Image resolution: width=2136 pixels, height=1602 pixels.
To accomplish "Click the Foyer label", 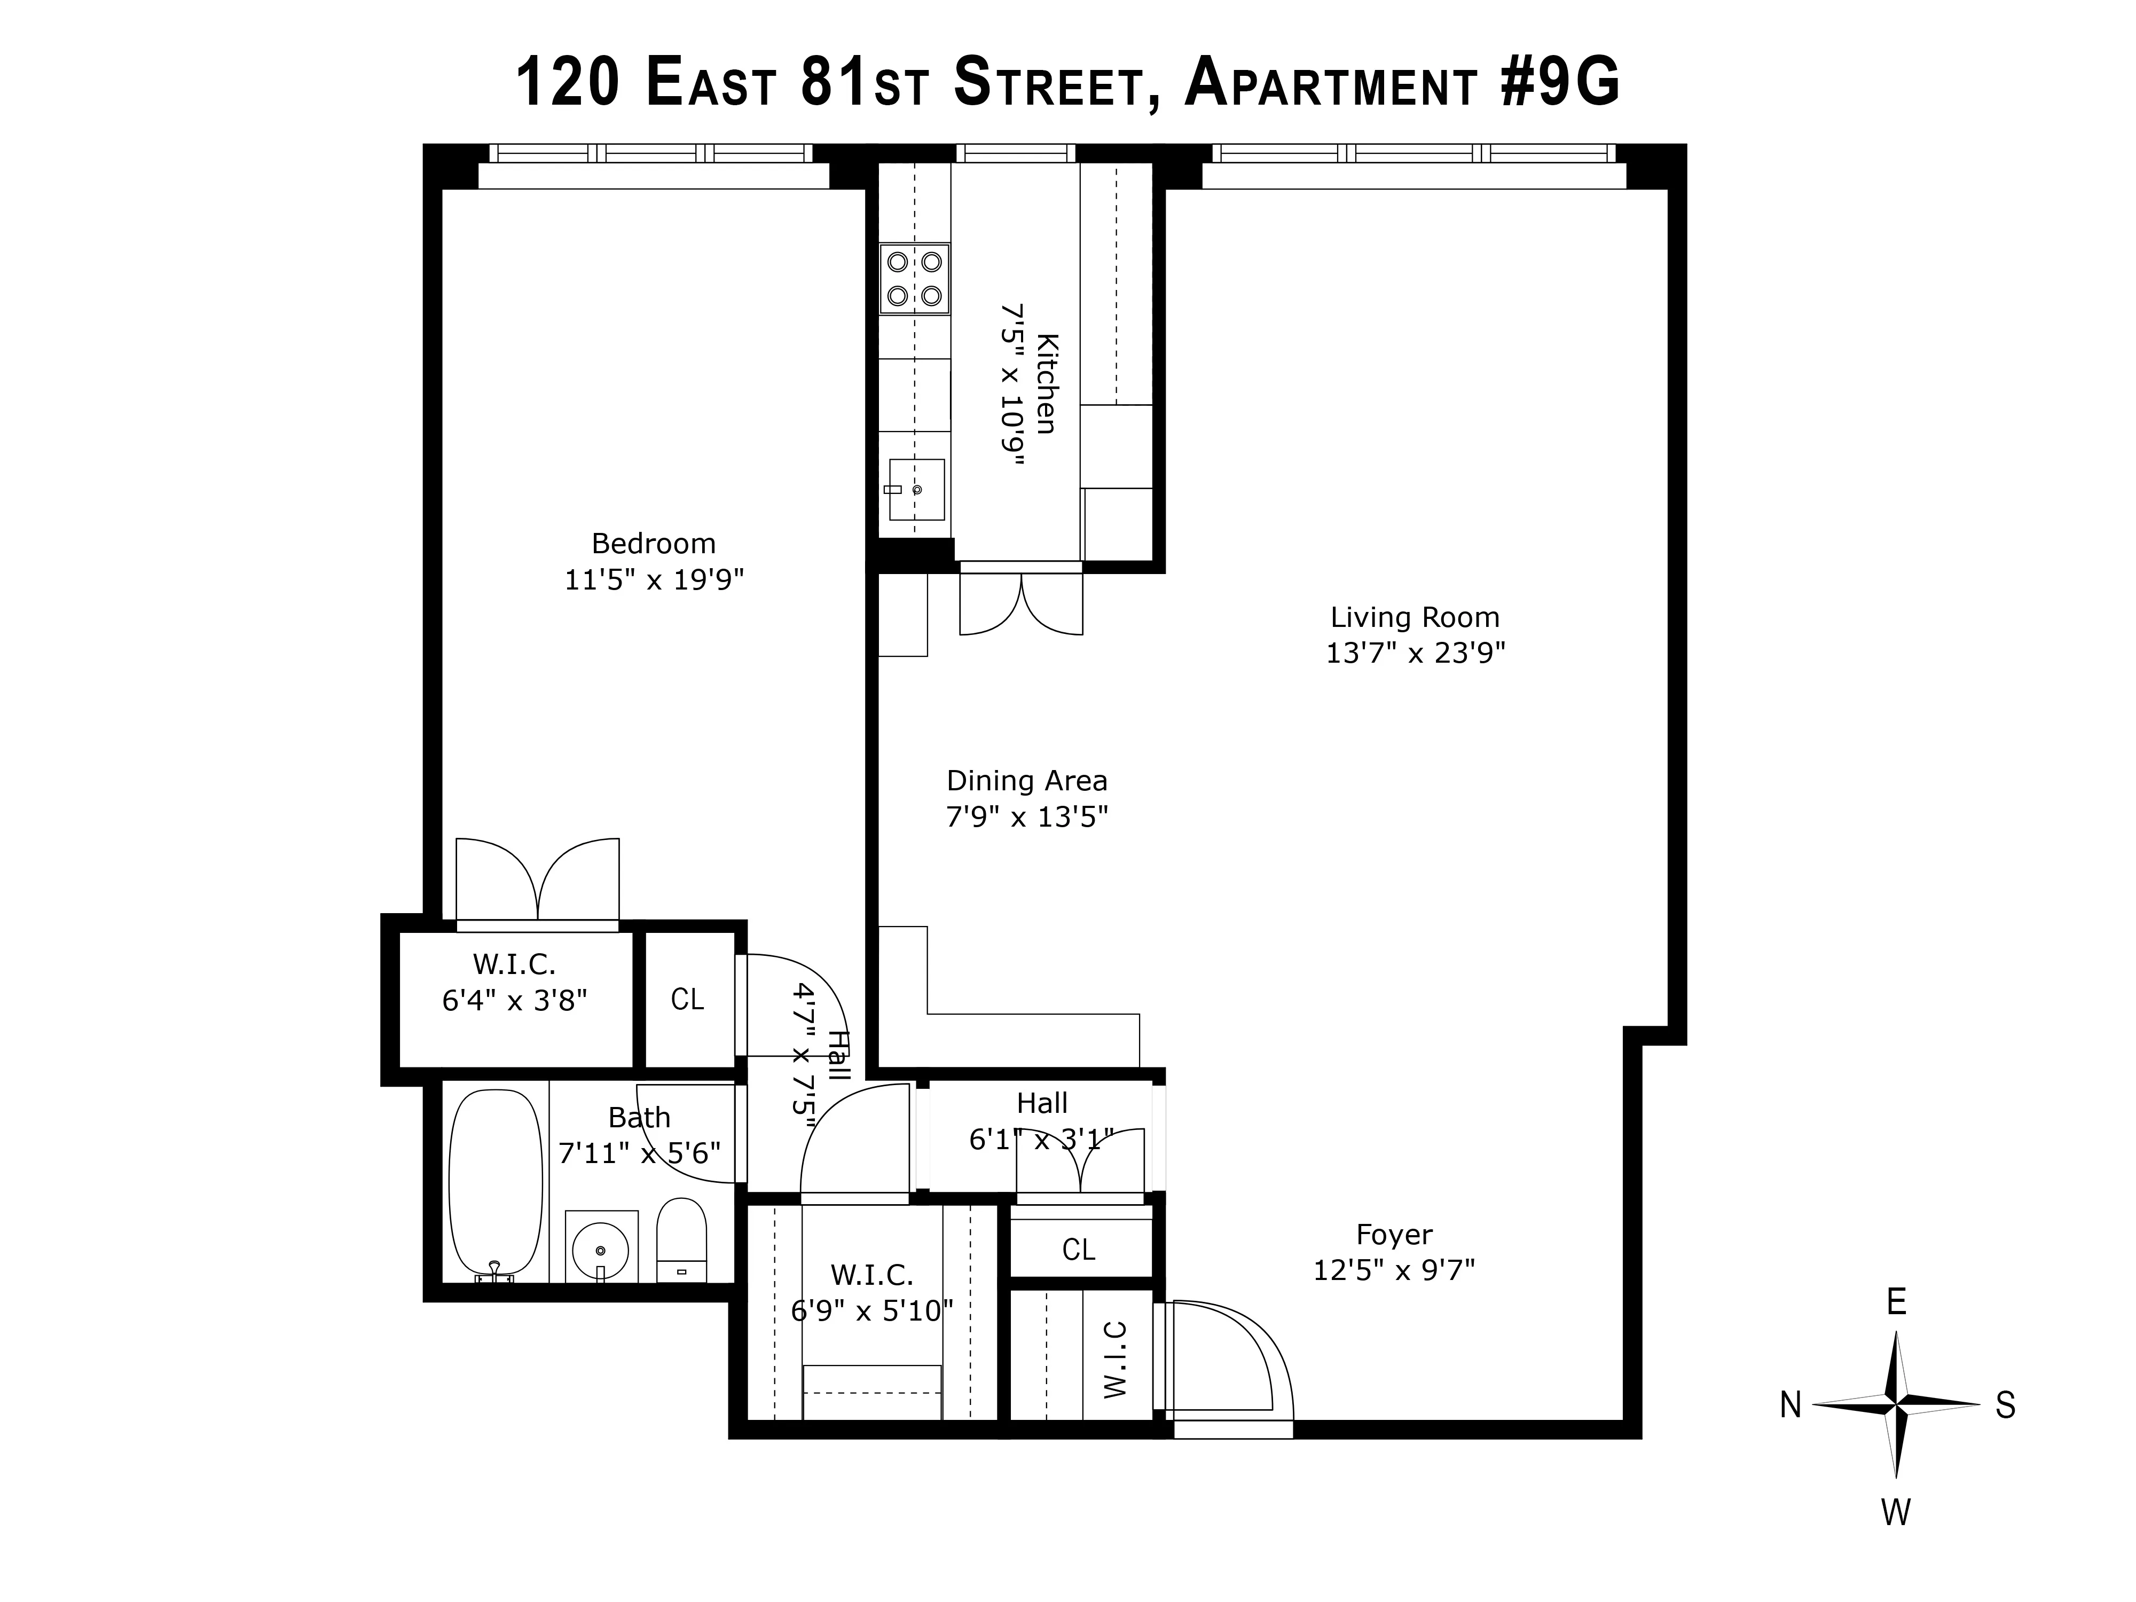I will coord(1393,1234).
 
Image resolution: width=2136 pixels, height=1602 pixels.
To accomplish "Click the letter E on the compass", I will coord(1896,1302).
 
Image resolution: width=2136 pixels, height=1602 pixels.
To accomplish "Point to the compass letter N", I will coord(1791,1406).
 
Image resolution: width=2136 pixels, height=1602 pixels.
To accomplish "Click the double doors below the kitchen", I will coord(1020,606).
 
